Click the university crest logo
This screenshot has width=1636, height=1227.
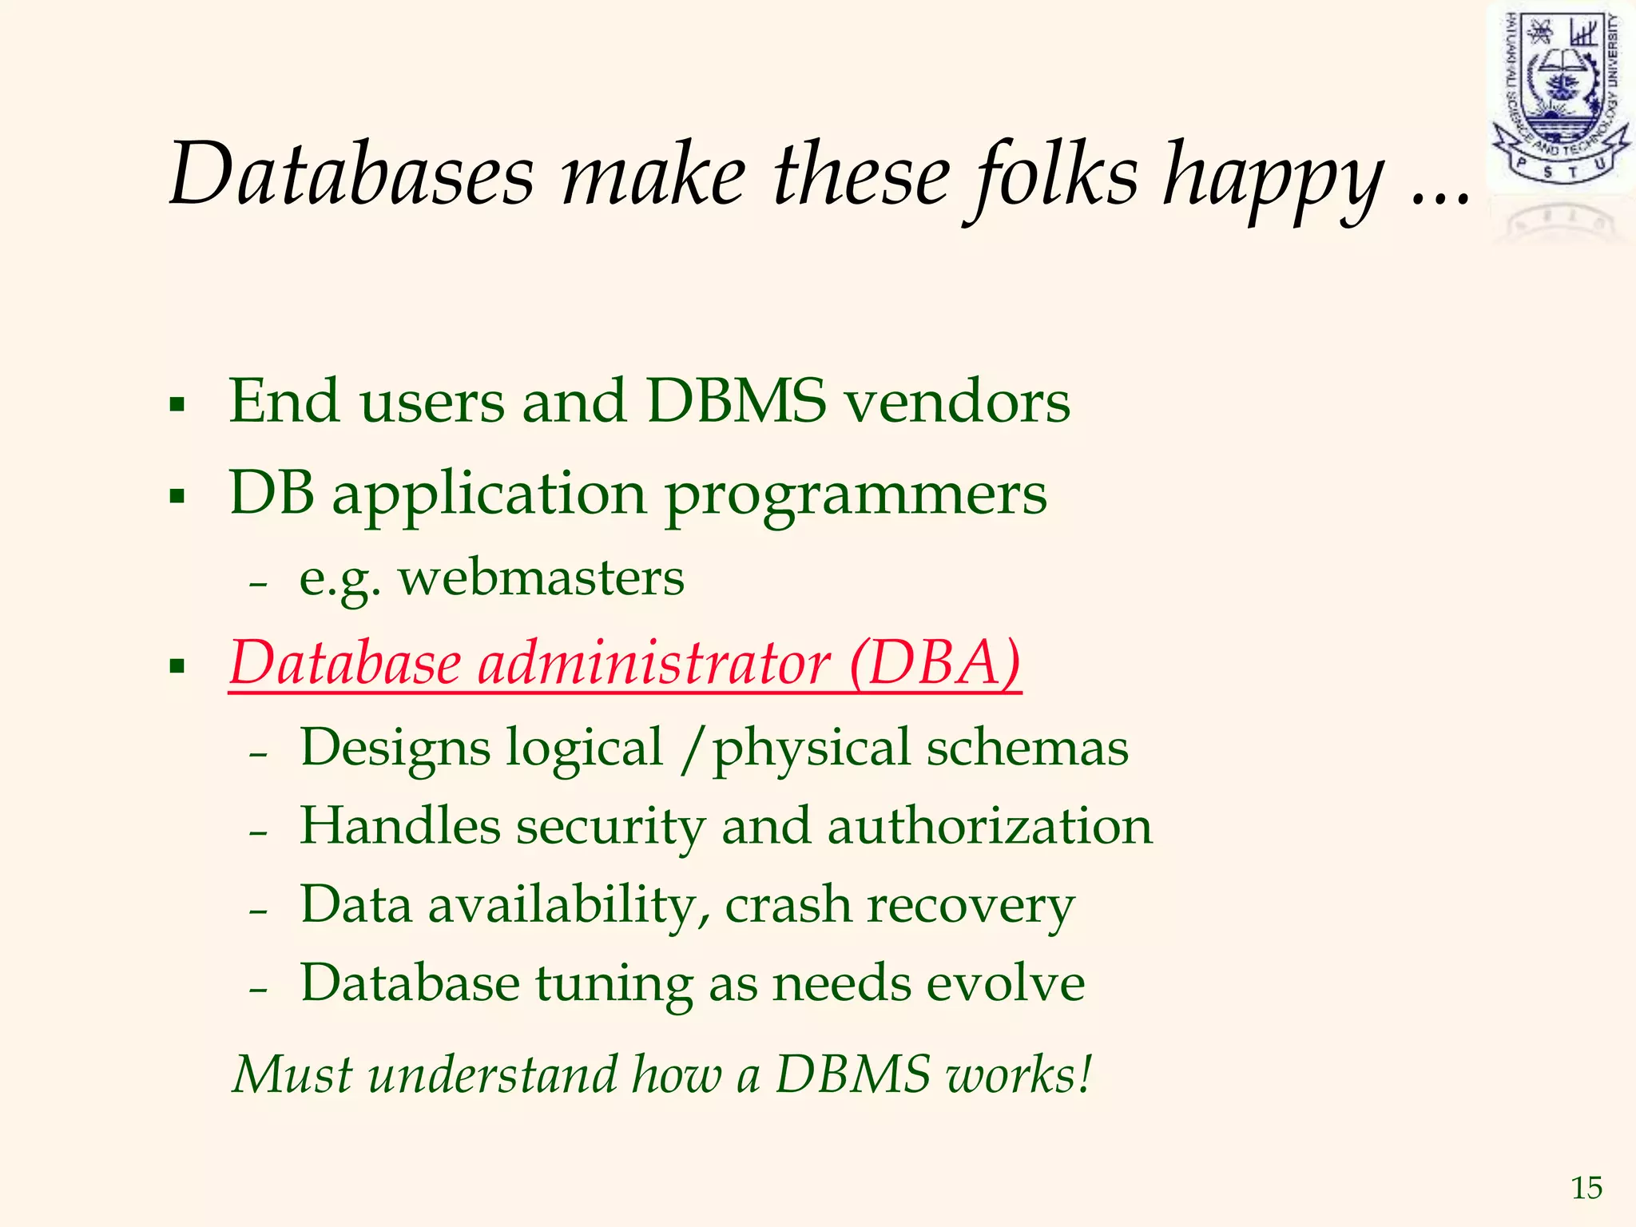click(x=1559, y=96)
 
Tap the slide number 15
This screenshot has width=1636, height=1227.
click(x=1586, y=1188)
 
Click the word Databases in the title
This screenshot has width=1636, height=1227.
click(x=351, y=174)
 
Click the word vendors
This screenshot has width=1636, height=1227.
click(x=958, y=401)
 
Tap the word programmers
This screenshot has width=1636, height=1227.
click(x=856, y=495)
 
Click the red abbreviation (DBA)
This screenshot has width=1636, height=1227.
click(x=935, y=662)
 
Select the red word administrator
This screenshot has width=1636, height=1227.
click(x=654, y=662)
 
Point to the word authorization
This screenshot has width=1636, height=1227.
click(x=990, y=826)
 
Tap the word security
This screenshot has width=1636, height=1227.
click(x=610, y=828)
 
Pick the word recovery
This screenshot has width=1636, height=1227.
click(x=971, y=907)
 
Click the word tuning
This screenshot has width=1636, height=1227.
click(x=613, y=984)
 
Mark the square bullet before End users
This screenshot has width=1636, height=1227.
click(x=177, y=404)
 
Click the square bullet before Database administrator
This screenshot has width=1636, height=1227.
click(x=177, y=665)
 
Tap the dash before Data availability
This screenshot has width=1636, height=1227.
click(x=258, y=911)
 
